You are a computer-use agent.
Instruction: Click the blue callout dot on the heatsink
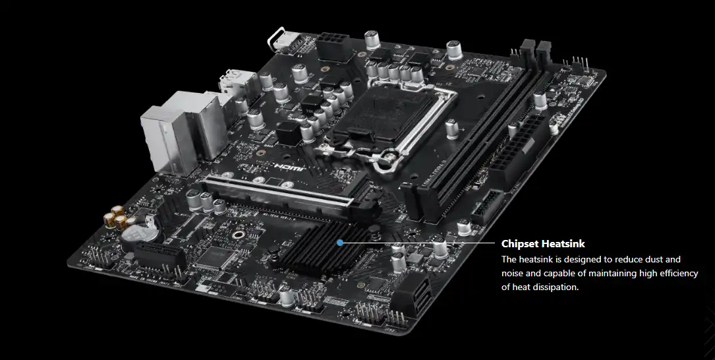[340, 243]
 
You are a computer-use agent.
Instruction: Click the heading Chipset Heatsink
[543, 244]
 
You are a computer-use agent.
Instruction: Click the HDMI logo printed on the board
[289, 167]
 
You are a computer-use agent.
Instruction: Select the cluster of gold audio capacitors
[117, 217]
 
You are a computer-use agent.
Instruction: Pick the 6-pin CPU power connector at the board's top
[336, 46]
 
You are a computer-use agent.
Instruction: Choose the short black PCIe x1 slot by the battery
[160, 255]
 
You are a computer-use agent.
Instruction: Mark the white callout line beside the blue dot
[418, 243]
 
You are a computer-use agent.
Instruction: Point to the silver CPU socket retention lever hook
[387, 159]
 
